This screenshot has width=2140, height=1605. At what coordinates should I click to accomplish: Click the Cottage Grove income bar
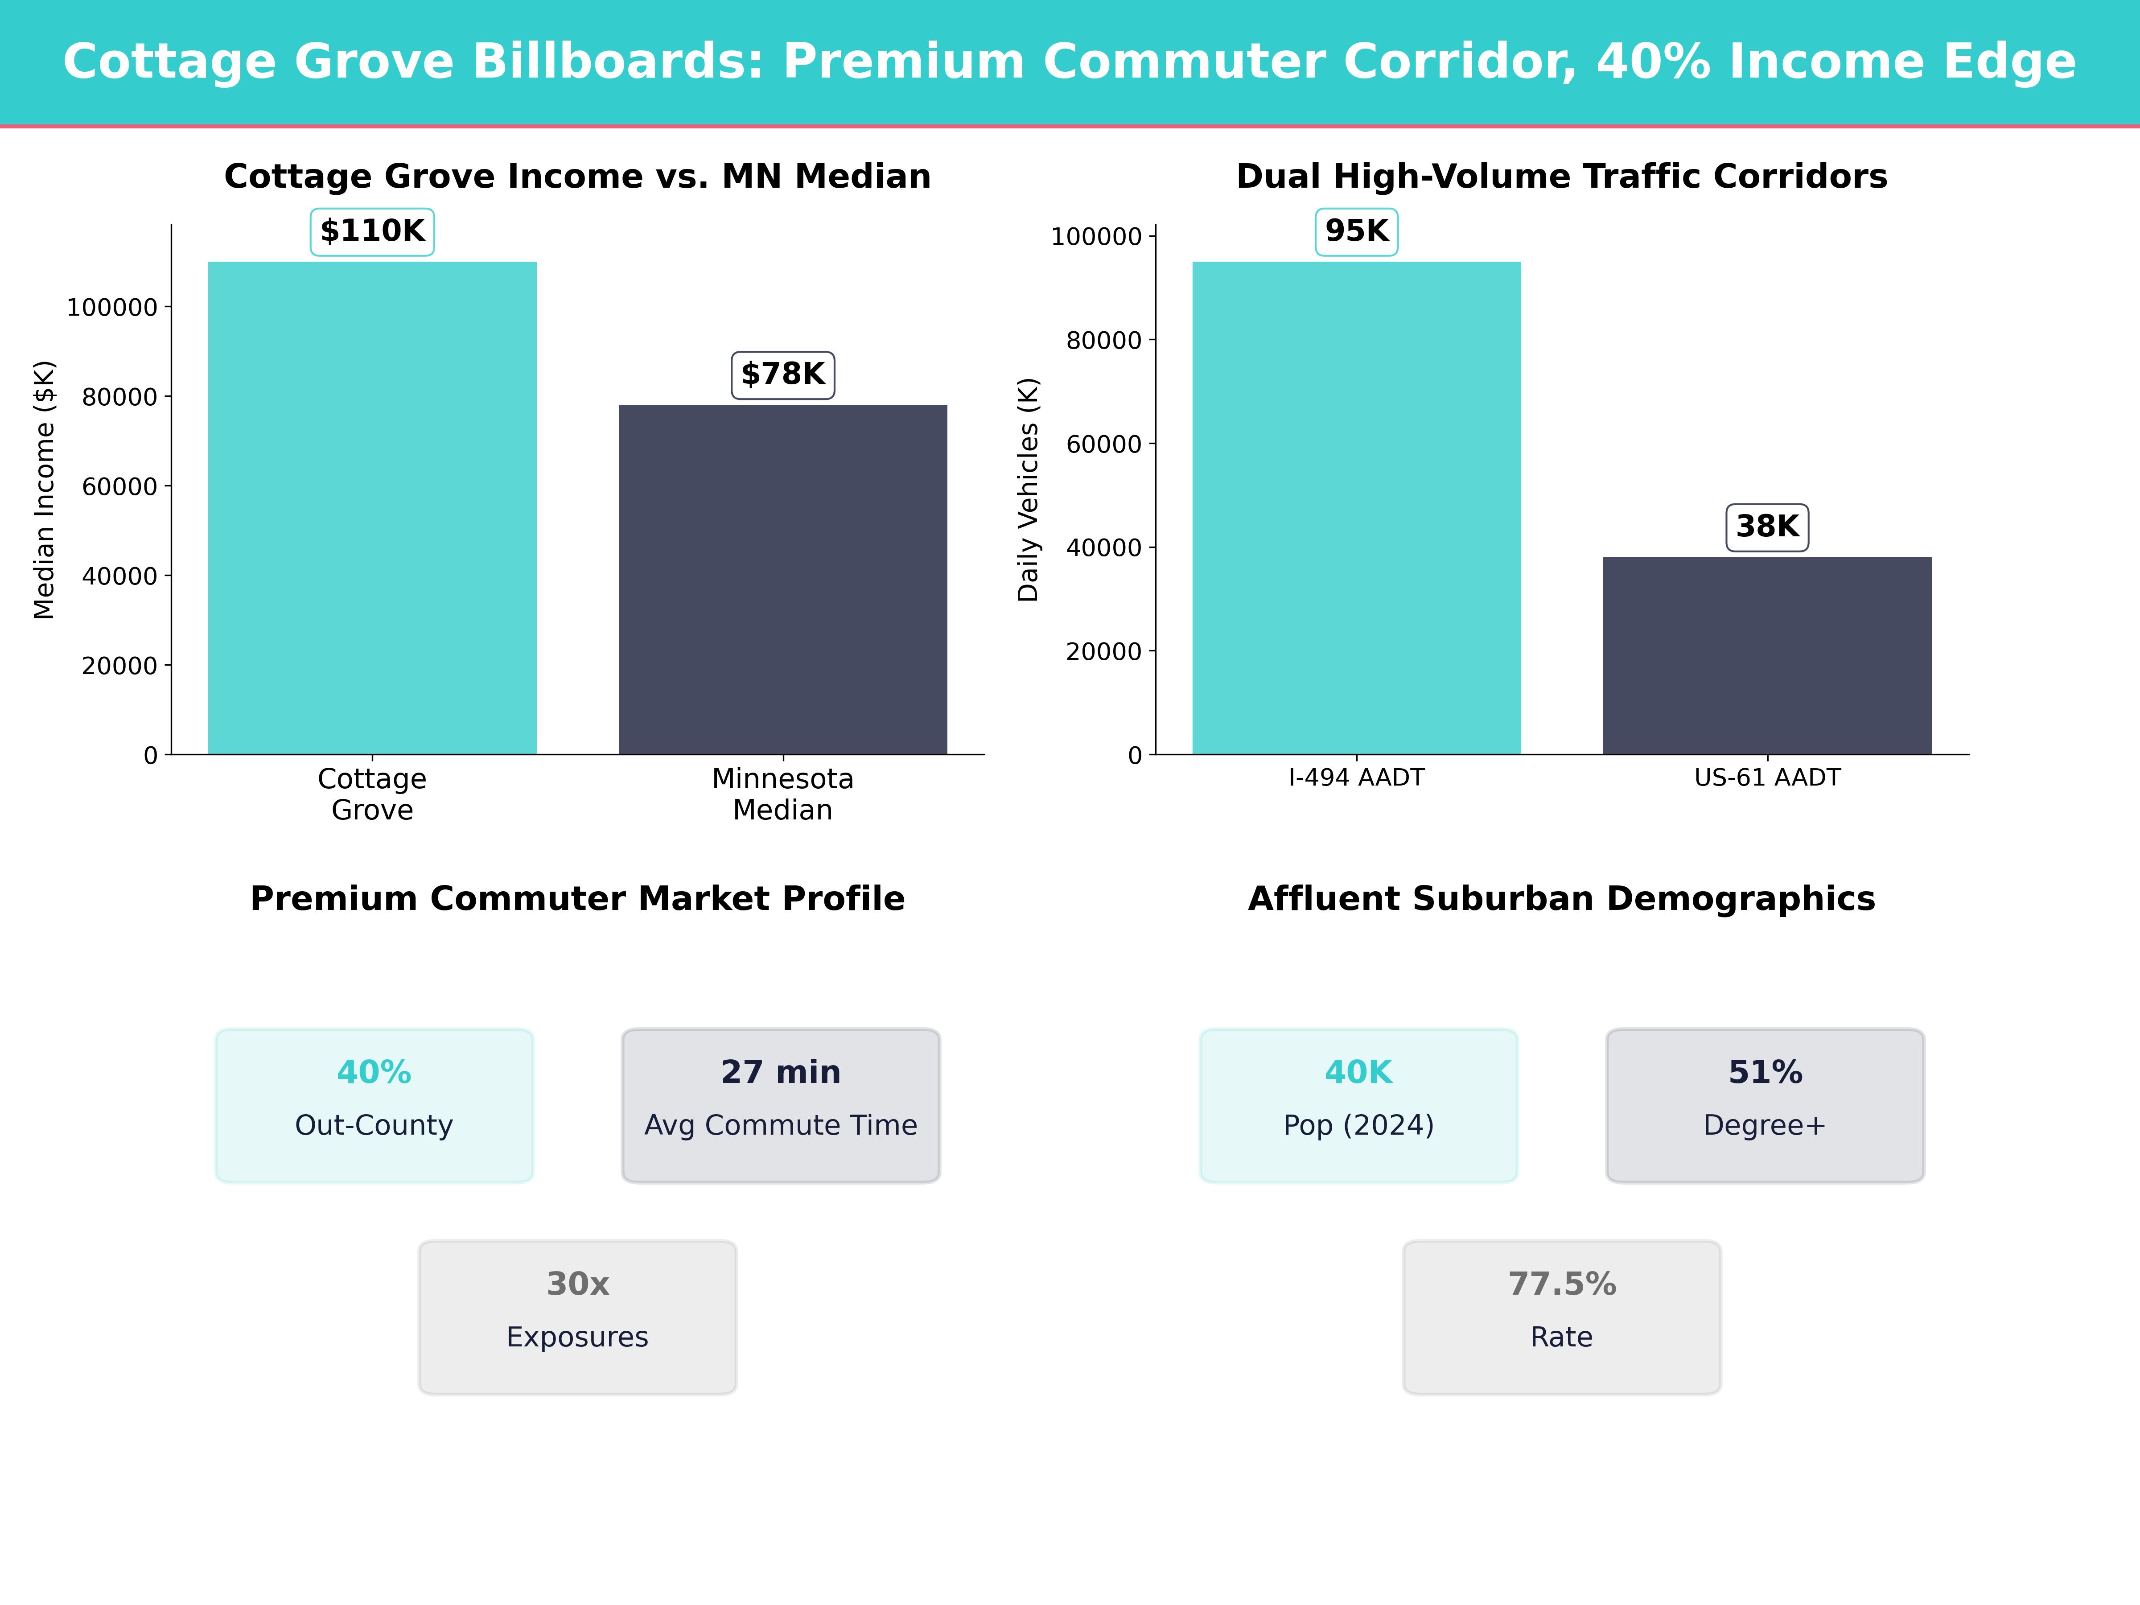click(x=372, y=508)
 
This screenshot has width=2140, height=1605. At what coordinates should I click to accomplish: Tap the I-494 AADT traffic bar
click(x=1356, y=508)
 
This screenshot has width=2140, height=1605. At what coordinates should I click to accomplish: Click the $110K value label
click(x=372, y=231)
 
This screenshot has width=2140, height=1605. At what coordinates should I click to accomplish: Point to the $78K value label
click(x=783, y=374)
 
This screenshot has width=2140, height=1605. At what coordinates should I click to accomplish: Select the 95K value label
click(x=1356, y=231)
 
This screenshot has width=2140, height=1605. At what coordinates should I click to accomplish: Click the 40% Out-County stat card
click(x=374, y=1105)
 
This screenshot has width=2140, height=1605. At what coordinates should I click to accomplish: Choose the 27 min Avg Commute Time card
click(x=781, y=1105)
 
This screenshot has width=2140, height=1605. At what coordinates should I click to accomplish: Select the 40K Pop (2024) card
click(x=1358, y=1105)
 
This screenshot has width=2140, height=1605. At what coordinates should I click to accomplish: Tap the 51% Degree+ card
click(x=1765, y=1105)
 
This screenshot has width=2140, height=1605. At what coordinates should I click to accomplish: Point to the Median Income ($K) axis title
click(x=45, y=490)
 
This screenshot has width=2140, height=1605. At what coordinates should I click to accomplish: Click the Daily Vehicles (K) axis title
click(x=1029, y=490)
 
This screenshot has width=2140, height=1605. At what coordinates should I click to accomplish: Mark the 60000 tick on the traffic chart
click(x=1104, y=444)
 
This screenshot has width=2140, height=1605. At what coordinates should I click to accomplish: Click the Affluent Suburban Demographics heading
click(x=1561, y=899)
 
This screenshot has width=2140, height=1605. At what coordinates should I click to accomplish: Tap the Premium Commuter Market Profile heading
click(x=577, y=899)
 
